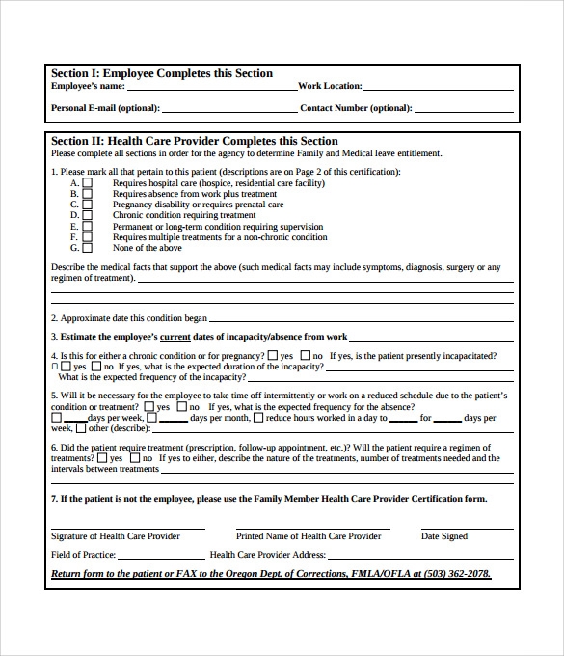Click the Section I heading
pos(161,73)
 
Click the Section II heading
pos(194,141)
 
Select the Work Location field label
pos(330,87)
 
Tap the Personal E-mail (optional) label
pos(105,108)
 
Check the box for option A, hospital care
pos(88,182)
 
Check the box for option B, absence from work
pos(88,193)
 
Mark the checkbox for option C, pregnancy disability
pos(88,205)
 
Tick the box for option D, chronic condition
pos(88,215)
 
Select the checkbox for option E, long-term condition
pos(88,226)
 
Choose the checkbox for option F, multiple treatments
pos(88,236)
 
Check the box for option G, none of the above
pos(88,248)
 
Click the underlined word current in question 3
pos(175,337)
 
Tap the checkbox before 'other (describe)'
pos(81,429)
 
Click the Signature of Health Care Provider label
pos(115,536)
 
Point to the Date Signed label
pos(443,536)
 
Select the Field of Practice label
pos(83,555)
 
